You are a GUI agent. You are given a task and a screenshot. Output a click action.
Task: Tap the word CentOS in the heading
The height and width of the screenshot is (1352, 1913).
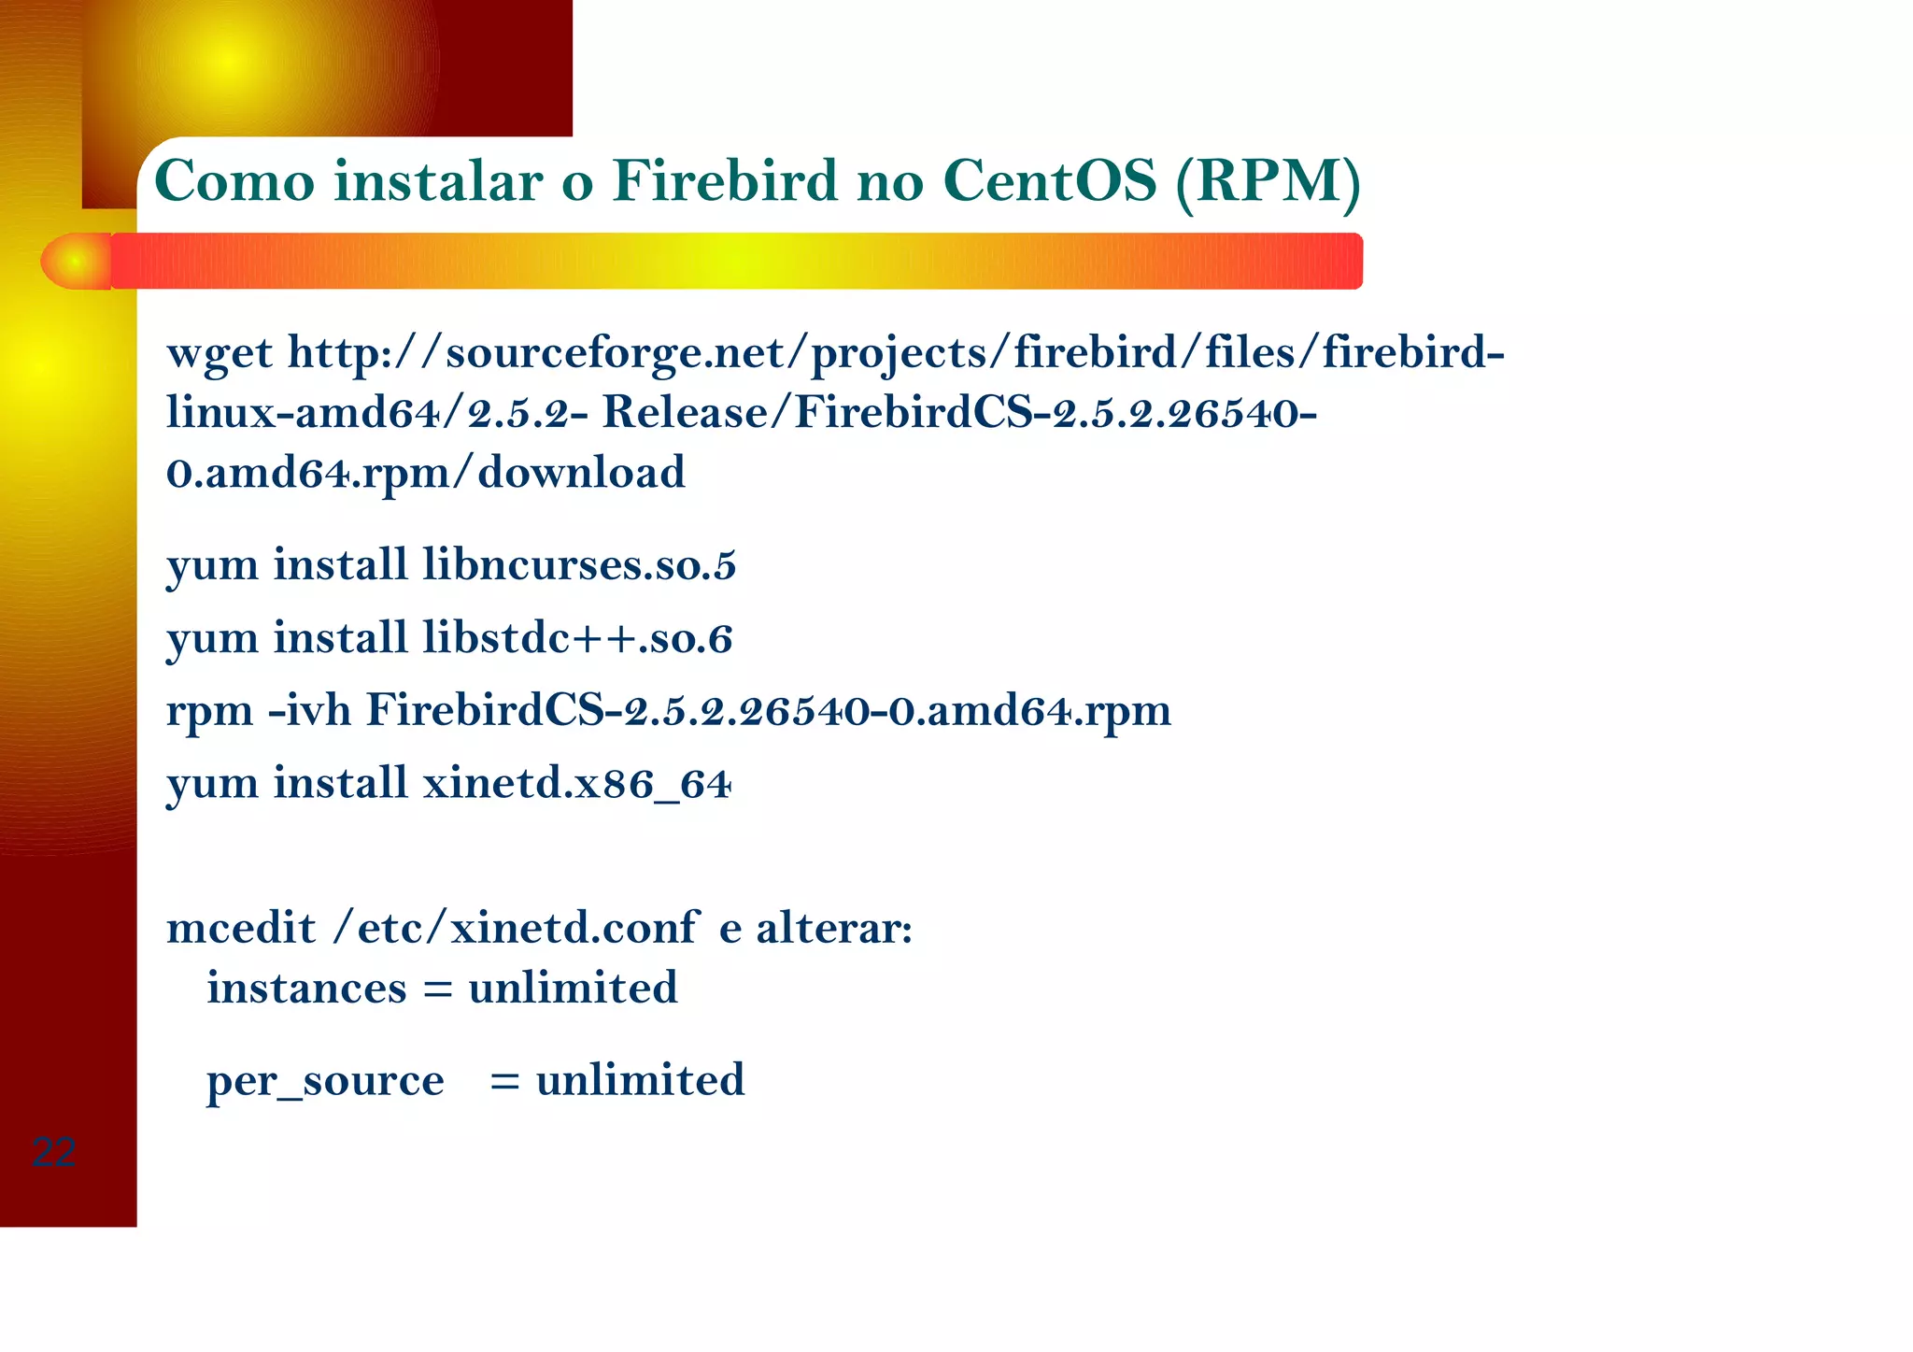1050,180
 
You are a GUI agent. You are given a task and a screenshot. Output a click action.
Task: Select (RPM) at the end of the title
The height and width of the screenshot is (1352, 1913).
1268,182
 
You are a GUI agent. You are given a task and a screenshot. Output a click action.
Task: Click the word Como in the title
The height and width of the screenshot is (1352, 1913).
234,180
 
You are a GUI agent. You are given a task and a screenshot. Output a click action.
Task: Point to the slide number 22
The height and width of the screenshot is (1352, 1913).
53,1152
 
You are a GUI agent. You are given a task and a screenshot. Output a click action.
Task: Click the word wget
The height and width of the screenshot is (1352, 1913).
220,354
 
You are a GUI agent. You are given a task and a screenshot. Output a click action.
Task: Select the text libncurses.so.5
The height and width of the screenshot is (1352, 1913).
579,564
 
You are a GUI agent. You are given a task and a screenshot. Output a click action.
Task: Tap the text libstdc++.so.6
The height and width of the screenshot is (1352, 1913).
577,638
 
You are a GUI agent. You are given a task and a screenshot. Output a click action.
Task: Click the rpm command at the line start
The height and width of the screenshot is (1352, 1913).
209,712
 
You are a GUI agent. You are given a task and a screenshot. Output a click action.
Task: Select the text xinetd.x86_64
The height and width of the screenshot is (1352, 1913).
576,783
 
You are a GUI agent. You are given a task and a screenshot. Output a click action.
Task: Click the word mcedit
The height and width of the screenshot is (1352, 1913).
241,928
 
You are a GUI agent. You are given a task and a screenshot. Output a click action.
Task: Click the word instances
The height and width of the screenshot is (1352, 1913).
306,988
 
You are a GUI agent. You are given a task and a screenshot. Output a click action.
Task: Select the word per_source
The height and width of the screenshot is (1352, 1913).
325,1081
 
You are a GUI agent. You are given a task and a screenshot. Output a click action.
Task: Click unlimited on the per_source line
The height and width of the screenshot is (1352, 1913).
640,1080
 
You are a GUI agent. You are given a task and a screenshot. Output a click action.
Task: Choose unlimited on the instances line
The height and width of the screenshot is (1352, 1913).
573,988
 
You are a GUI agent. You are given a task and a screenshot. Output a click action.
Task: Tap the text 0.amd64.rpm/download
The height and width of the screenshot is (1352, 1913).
426,473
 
